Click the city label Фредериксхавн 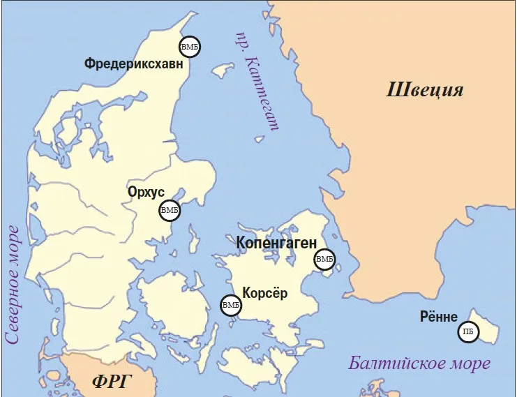134,64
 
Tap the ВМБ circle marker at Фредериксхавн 190,47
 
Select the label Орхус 146,191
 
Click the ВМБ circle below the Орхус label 170,209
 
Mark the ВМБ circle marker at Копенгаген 324,260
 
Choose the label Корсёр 264,293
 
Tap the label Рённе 439,316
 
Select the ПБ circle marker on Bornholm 468,332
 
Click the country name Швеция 425,90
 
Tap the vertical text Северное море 12,283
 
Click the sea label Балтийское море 419,364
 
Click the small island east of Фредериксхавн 223,70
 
